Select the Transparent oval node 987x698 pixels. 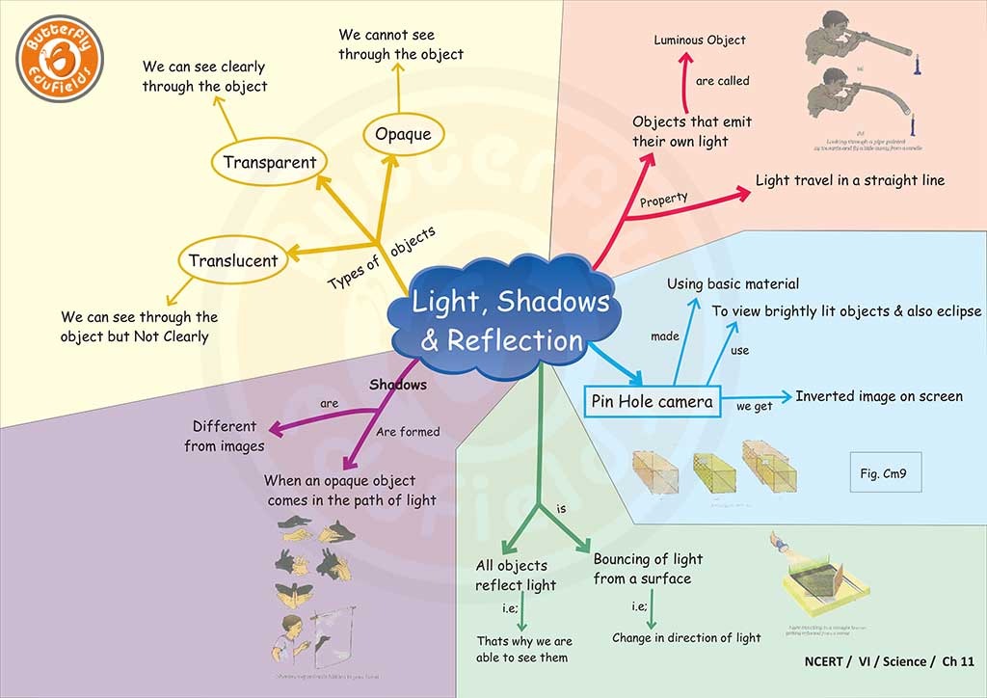click(x=269, y=162)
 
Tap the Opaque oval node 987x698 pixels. click(x=403, y=133)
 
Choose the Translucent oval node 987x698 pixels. click(x=233, y=260)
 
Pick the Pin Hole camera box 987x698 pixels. click(x=653, y=401)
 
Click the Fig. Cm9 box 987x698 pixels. click(x=885, y=473)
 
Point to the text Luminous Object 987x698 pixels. click(x=699, y=40)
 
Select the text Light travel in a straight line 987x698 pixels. click(x=849, y=180)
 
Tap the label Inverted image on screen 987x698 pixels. click(x=878, y=396)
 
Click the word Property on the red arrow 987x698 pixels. click(x=664, y=200)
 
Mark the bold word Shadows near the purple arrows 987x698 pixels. click(x=398, y=385)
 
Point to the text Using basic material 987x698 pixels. click(x=733, y=283)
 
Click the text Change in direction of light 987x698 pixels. click(x=686, y=637)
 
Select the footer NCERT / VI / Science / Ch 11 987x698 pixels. click(x=889, y=661)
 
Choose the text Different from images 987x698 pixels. click(x=224, y=436)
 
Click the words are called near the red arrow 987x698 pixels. click(x=722, y=81)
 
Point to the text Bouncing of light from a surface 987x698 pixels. click(x=648, y=569)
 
